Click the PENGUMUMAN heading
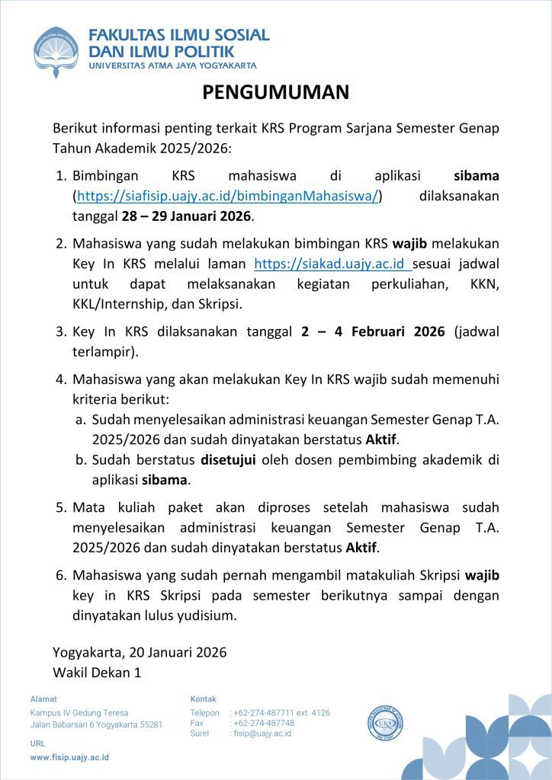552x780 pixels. coord(275,92)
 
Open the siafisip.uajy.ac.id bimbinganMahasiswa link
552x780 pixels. coord(227,196)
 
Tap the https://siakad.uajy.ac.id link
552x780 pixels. coord(332,264)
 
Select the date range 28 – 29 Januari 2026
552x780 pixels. coord(186,216)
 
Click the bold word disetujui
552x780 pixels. coord(228,460)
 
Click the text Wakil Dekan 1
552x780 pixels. coord(97,672)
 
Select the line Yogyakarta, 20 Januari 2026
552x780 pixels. coord(140,652)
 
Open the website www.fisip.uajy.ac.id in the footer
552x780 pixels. coord(69,757)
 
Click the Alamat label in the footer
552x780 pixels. coord(43,698)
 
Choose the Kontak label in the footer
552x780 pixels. coord(203,698)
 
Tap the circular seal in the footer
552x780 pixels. coord(386,720)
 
